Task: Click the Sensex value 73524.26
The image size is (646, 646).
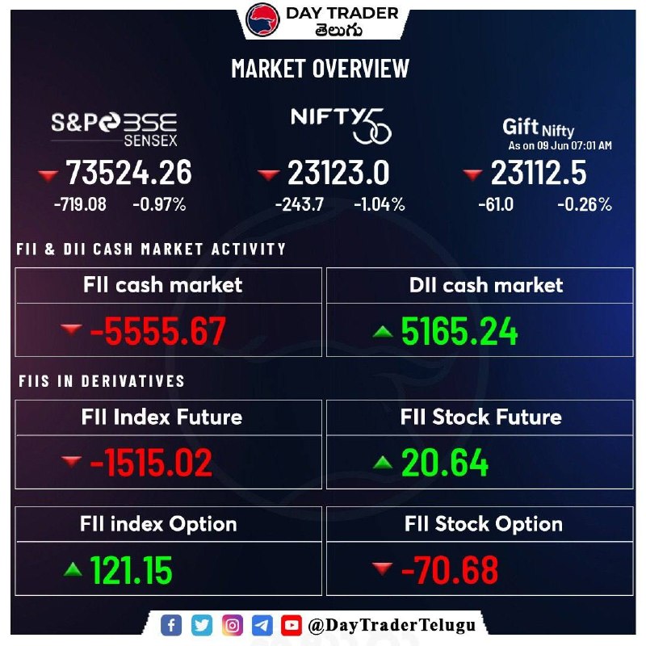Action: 128,172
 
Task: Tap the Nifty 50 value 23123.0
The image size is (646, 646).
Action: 338,173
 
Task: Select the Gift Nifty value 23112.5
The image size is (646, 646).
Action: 539,173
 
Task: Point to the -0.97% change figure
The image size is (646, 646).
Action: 159,204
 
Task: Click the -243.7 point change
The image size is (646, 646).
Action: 300,204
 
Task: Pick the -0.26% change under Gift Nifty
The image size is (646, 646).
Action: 585,204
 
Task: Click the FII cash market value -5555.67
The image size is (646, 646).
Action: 157,330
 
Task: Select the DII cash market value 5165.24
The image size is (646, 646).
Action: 459,331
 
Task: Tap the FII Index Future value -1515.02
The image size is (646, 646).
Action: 151,463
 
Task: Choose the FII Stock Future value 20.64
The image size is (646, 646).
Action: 445,463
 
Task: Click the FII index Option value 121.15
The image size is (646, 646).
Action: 131,570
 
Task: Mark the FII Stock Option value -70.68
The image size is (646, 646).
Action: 450,570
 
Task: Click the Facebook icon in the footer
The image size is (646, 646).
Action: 171,625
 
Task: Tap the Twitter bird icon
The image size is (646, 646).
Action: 202,625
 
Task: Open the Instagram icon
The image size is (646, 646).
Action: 233,625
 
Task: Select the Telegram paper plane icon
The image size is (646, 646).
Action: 262,625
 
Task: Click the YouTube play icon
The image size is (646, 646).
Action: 292,625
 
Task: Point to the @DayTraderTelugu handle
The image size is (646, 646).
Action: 392,625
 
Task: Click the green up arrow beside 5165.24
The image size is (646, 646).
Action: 383,332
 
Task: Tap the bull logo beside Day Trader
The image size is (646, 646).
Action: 262,19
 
